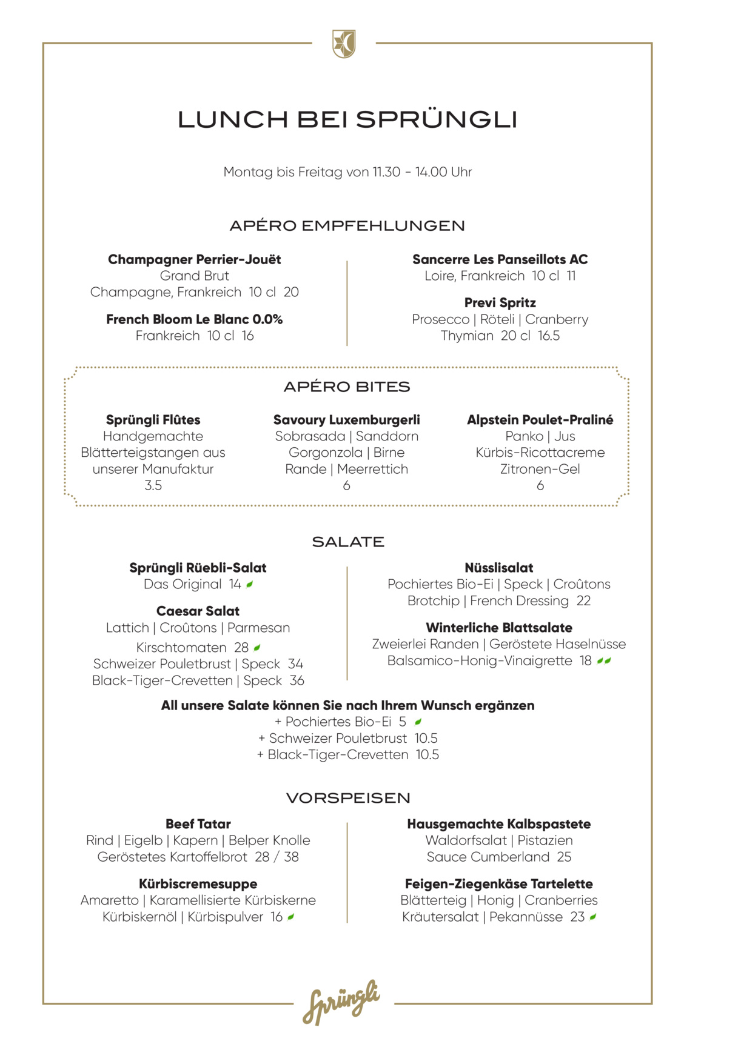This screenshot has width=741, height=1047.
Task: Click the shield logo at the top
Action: point(344,44)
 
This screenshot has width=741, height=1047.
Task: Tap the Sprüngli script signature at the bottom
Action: point(341,1002)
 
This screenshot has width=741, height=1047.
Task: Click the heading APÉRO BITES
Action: point(347,387)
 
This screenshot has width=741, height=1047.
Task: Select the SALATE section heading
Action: point(348,542)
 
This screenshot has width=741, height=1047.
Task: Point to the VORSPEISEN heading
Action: point(348,798)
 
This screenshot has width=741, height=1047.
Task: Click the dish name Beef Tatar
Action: point(198,824)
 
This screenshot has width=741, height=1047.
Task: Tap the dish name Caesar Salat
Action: point(198,611)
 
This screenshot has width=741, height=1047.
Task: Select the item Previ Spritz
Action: point(500,302)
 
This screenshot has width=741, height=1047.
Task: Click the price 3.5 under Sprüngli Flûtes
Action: point(153,485)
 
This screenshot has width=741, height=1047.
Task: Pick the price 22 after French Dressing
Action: point(583,601)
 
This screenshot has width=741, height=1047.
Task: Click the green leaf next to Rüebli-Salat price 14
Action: point(250,584)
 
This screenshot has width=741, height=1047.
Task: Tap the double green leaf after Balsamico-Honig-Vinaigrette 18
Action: point(604,660)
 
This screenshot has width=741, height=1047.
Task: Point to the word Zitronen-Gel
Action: point(540,469)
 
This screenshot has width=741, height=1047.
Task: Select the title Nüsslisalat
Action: point(499,568)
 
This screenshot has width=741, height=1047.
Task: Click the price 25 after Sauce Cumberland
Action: point(564,857)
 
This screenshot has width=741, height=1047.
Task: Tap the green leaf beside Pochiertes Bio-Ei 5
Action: point(418,722)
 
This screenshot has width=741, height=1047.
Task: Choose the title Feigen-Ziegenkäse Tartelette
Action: point(499,884)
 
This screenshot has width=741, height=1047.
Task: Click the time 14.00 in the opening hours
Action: point(431,172)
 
